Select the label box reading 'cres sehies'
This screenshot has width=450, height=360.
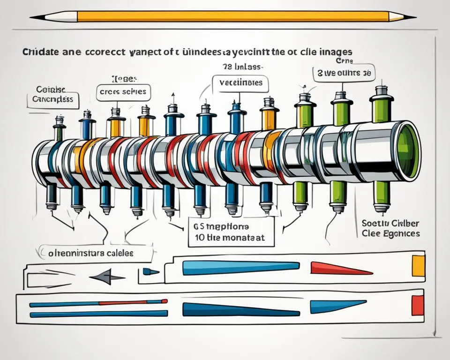(x=124, y=91)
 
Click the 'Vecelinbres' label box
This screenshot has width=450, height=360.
(x=240, y=83)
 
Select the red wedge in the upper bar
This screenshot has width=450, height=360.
(x=340, y=268)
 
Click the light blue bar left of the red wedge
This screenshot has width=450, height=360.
(x=240, y=268)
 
